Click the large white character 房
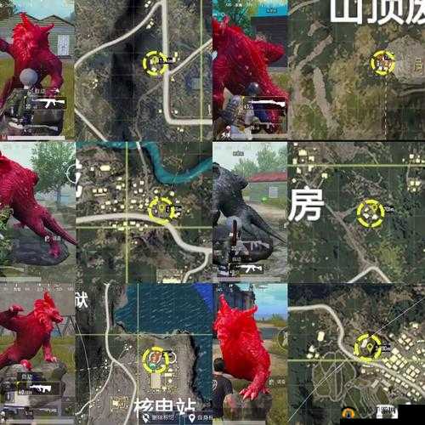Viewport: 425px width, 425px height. point(305,205)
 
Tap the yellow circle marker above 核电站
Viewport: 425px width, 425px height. point(155,360)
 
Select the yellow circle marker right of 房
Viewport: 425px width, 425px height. point(370,213)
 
